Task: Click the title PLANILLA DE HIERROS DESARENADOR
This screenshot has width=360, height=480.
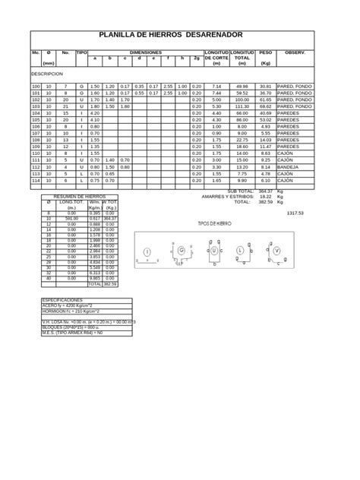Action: tap(171, 36)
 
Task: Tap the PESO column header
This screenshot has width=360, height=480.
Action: tap(265, 52)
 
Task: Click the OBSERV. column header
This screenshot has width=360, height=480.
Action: tap(295, 52)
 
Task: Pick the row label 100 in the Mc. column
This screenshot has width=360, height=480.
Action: tap(36, 87)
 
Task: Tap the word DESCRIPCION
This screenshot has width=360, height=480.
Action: tap(46, 74)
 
